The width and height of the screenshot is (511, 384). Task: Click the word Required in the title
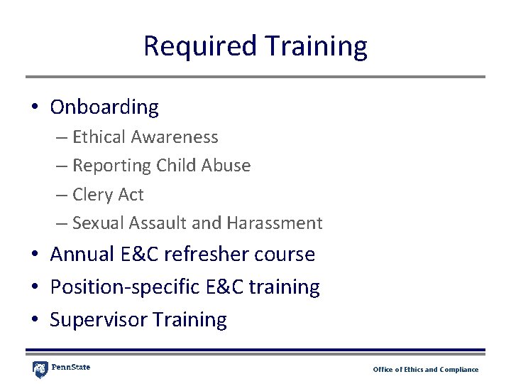pyautogui.click(x=199, y=46)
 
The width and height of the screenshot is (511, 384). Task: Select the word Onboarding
pyautogui.click(x=104, y=107)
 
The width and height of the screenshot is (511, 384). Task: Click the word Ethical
pyautogui.click(x=96, y=137)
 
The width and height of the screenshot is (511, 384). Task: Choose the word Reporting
pyautogui.click(x=111, y=166)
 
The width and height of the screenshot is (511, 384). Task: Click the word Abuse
pyautogui.click(x=226, y=166)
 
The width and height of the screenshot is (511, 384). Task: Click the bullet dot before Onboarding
pyautogui.click(x=34, y=108)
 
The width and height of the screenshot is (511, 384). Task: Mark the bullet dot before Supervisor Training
pyautogui.click(x=34, y=320)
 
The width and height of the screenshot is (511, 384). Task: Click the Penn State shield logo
pyautogui.click(x=40, y=369)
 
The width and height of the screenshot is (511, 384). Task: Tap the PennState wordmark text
pyautogui.click(x=71, y=368)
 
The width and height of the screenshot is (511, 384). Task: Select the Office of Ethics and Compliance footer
pyautogui.click(x=426, y=370)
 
